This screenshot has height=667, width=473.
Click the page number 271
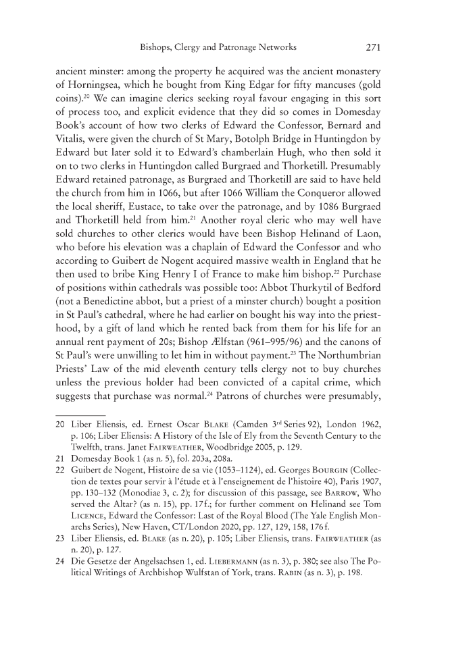click(x=375, y=47)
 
